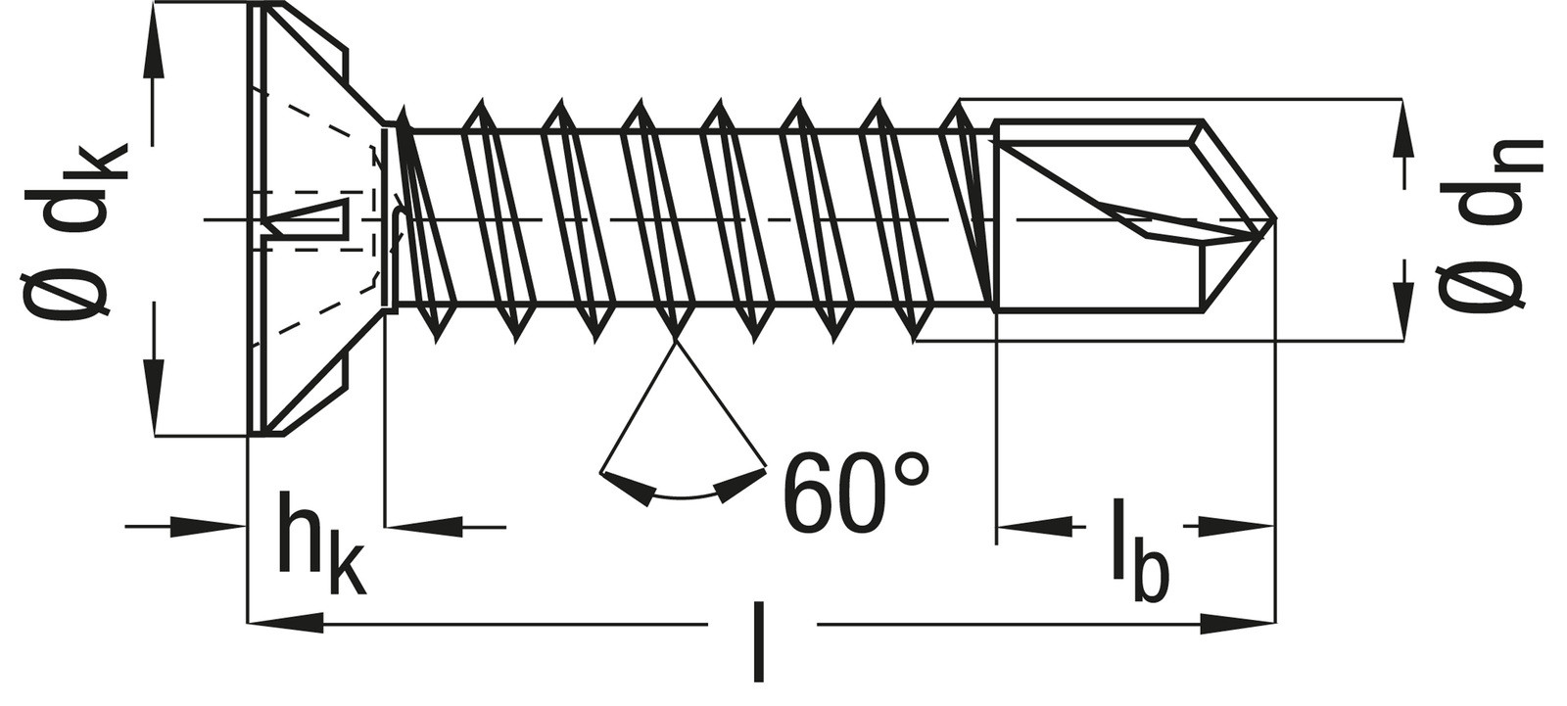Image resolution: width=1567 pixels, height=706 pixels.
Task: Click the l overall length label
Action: coord(759,640)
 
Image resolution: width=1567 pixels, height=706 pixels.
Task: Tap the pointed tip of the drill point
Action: coord(1274,219)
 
